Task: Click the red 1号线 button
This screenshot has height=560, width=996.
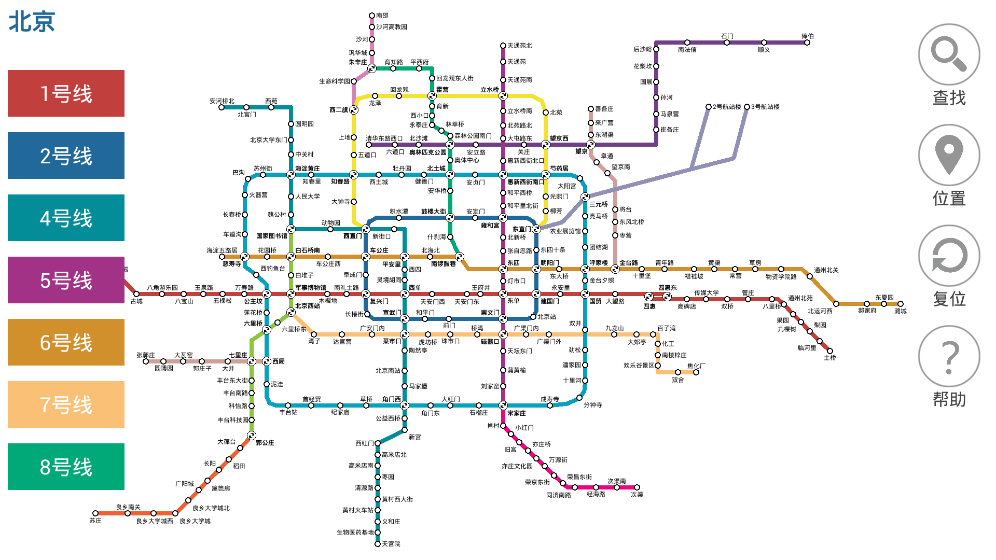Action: pyautogui.click(x=66, y=93)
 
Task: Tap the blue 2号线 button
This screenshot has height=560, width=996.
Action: pyautogui.click(x=66, y=156)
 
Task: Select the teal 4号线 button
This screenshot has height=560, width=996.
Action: pyautogui.click(x=66, y=218)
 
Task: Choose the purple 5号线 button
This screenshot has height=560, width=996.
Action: pyautogui.click(x=66, y=280)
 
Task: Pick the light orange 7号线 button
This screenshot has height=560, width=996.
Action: pyautogui.click(x=66, y=404)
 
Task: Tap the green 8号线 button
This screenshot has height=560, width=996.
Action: pyautogui.click(x=66, y=467)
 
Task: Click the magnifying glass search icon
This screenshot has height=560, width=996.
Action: pyautogui.click(x=949, y=54)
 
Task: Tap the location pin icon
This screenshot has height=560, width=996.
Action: pyautogui.click(x=949, y=155)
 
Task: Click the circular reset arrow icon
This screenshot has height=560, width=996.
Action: pyautogui.click(x=949, y=256)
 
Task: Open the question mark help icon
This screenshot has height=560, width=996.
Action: pyautogui.click(x=949, y=356)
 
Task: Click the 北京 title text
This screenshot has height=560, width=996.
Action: pyautogui.click(x=32, y=22)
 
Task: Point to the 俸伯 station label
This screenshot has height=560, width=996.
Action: pyautogui.click(x=807, y=36)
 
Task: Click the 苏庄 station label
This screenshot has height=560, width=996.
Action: pyautogui.click(x=95, y=521)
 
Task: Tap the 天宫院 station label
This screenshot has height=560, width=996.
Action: pyautogui.click(x=391, y=544)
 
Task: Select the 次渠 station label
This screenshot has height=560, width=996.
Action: pyautogui.click(x=637, y=495)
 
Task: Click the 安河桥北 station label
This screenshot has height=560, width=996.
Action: pyautogui.click(x=222, y=101)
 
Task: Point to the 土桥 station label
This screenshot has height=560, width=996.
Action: pyautogui.click(x=830, y=358)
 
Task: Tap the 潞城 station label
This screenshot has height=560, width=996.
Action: pyautogui.click(x=901, y=311)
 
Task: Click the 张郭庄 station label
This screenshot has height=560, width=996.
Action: pyautogui.click(x=146, y=355)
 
